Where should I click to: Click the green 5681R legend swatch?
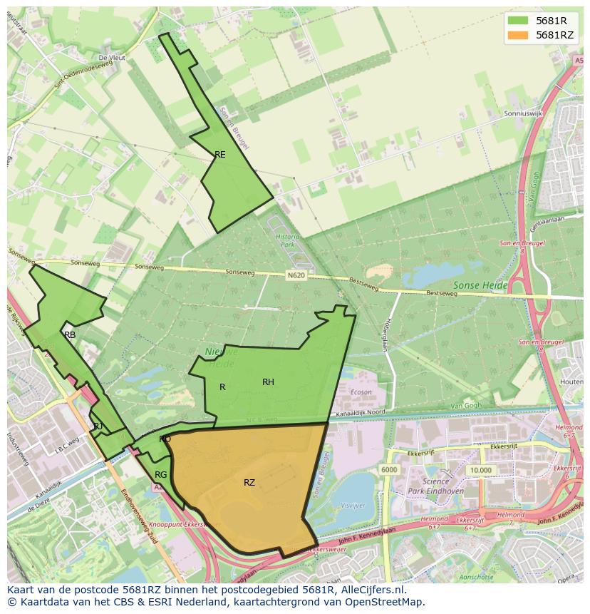click(x=518, y=20)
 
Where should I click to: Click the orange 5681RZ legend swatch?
click(x=518, y=35)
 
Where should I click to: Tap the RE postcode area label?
click(x=220, y=154)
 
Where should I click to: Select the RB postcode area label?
click(x=70, y=334)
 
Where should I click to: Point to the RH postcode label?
click(x=268, y=382)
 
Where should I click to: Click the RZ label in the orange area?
click(x=249, y=483)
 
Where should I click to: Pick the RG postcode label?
click(x=161, y=475)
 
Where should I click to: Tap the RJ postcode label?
click(x=98, y=426)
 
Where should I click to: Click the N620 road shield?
click(x=296, y=274)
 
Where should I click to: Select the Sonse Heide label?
click(x=480, y=285)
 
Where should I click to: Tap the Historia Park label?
click(x=287, y=240)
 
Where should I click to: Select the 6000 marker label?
click(x=389, y=470)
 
